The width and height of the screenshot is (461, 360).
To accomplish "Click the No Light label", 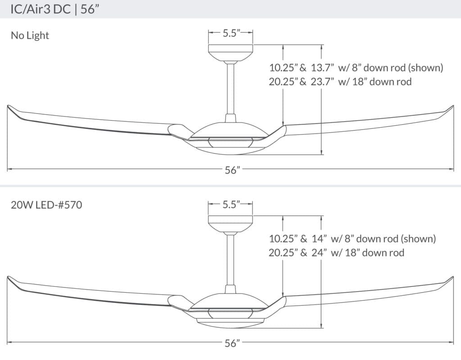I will [x=30, y=35].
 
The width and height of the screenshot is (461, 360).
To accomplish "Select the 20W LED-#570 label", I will [x=46, y=206].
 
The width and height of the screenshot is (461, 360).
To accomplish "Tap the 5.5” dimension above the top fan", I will [x=230, y=32].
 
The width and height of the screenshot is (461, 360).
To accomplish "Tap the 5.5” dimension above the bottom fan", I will [x=230, y=204].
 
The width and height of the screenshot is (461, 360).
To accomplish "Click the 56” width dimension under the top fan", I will [x=230, y=170].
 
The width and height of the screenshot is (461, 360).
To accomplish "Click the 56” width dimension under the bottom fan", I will [x=230, y=343].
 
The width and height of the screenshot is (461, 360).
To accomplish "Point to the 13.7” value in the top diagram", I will [x=322, y=68].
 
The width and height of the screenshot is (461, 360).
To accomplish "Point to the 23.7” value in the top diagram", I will [x=322, y=82].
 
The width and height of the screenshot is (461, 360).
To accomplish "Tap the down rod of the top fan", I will [x=230, y=88].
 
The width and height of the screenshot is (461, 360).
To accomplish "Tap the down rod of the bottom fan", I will [x=230, y=259].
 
